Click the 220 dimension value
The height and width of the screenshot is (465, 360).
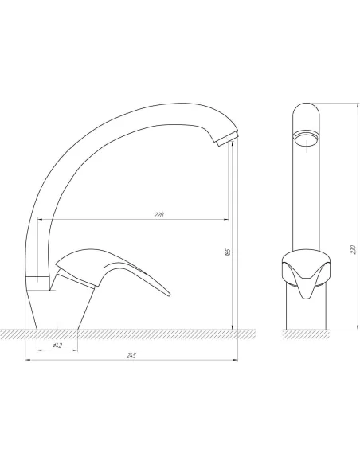159,215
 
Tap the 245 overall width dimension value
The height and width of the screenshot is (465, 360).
131,355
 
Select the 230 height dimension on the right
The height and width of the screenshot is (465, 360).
353,249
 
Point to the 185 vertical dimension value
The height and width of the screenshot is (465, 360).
228,252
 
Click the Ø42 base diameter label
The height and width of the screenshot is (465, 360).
57,346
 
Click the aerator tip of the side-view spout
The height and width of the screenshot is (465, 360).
227,139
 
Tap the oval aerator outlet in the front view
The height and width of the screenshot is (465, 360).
307,139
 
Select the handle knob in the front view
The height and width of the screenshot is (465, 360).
307,273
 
